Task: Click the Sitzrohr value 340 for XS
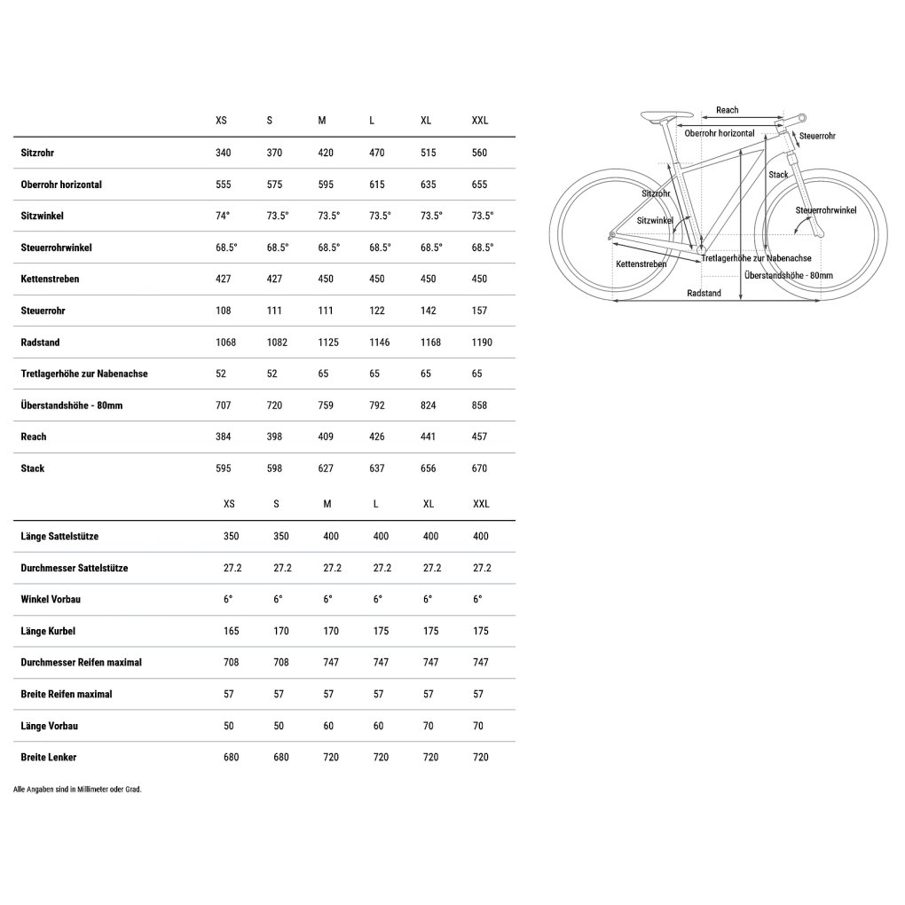(223, 153)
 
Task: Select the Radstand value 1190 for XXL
(482, 342)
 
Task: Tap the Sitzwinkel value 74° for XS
(223, 216)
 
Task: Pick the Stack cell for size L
(377, 468)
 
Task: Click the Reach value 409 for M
(326, 437)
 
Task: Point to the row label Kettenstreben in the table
(50, 279)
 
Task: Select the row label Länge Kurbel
(47, 631)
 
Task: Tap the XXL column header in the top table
(480, 121)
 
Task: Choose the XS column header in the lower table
(229, 504)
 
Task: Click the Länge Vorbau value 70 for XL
(429, 726)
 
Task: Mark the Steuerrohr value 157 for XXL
(480, 311)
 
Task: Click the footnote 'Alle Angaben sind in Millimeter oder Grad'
(78, 789)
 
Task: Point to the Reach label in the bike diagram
(727, 110)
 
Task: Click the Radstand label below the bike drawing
(704, 293)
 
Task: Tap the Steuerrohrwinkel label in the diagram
(825, 210)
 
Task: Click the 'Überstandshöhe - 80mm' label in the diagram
(789, 275)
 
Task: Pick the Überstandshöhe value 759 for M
(326, 405)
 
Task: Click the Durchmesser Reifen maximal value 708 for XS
(229, 662)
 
